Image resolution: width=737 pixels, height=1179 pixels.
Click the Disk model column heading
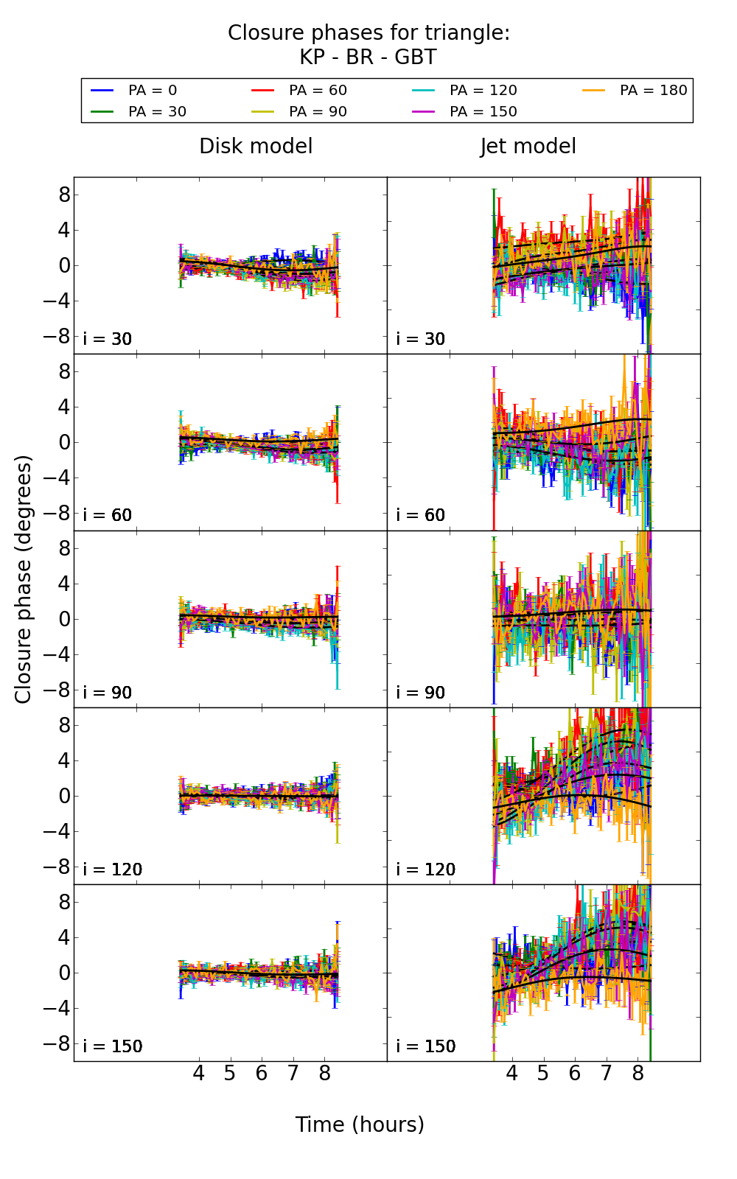pyautogui.click(x=256, y=147)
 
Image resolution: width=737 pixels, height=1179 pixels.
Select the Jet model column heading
pyautogui.click(x=528, y=147)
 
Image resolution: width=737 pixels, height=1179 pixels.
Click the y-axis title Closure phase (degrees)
pyautogui.click(x=24, y=579)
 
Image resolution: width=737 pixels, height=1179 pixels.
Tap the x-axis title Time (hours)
pyautogui.click(x=360, y=1124)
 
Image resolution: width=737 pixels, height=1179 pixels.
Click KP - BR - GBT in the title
pyautogui.click(x=368, y=57)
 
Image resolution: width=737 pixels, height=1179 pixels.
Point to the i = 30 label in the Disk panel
pyautogui.click(x=108, y=339)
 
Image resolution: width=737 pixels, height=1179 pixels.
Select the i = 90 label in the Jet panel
pyautogui.click(x=421, y=693)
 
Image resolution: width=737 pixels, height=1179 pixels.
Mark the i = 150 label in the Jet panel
pyautogui.click(x=426, y=1046)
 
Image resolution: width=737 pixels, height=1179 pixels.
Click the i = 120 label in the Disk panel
pyautogui.click(x=113, y=870)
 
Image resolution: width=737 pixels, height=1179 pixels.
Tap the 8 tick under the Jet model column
pyautogui.click(x=638, y=1074)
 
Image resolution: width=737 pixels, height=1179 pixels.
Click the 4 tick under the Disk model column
pyautogui.click(x=198, y=1074)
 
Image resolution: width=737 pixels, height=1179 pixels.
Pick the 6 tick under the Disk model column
pyautogui.click(x=262, y=1074)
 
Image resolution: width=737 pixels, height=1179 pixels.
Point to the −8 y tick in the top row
pyautogui.click(x=59, y=336)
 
